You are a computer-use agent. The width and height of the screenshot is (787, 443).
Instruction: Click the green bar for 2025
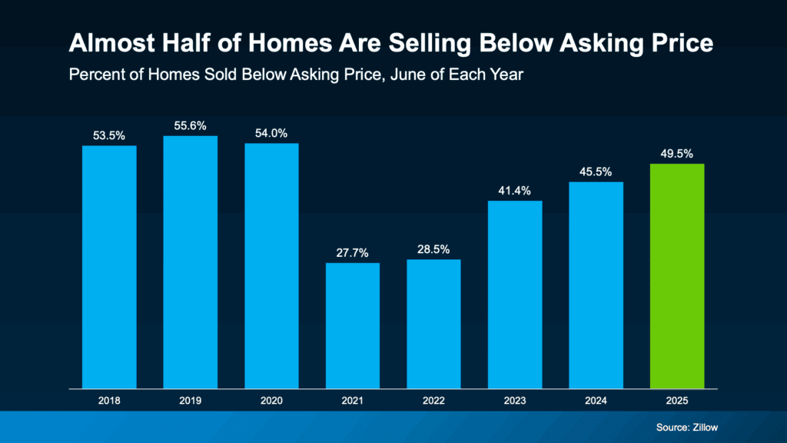[x=677, y=275]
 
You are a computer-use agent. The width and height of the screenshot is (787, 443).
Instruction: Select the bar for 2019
[x=190, y=261]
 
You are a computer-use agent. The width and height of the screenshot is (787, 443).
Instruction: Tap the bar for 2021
[x=352, y=325]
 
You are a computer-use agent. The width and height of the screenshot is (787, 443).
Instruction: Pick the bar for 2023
[x=515, y=294]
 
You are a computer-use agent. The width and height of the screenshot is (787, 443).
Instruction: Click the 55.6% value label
[x=190, y=125]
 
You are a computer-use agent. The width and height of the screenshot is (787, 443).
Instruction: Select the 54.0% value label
[x=271, y=133]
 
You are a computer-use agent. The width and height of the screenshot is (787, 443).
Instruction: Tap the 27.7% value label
[x=352, y=252]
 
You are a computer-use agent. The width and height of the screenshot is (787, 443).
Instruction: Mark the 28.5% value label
[x=433, y=249]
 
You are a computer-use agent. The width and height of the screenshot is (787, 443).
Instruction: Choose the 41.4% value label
[x=515, y=190]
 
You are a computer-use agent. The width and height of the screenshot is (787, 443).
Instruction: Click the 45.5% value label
[x=596, y=172]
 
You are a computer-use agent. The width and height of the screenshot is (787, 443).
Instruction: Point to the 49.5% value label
[x=677, y=153]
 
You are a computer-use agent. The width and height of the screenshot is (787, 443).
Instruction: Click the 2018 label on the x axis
[x=109, y=401]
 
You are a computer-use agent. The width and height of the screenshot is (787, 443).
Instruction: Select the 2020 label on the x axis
[x=271, y=401]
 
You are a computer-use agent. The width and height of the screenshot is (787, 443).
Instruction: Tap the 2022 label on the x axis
[x=433, y=401]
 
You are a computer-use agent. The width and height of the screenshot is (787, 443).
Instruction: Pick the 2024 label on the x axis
[x=596, y=401]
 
